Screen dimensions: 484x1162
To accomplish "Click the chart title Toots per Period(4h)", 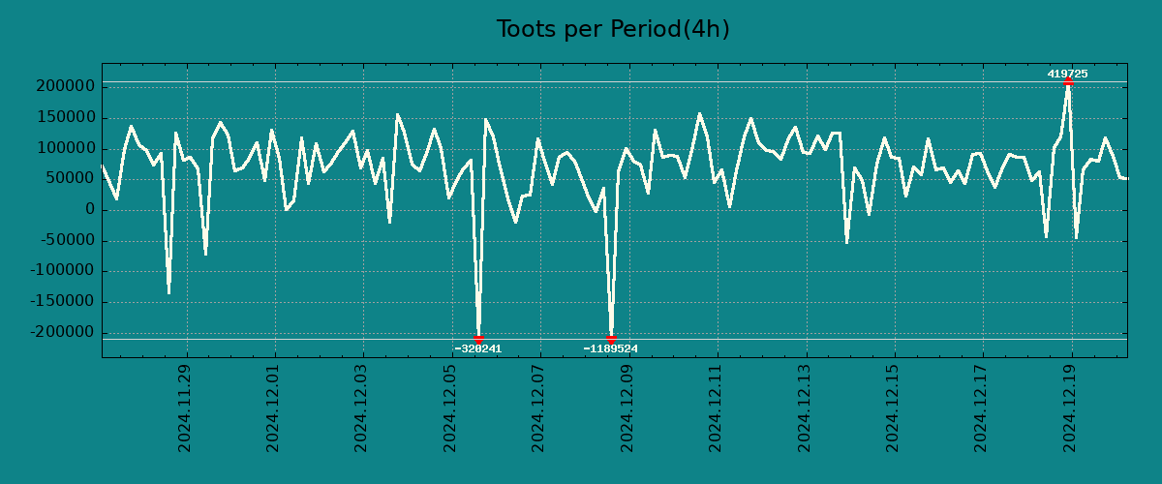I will point(612,29).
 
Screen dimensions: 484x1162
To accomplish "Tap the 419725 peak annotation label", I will point(1067,74).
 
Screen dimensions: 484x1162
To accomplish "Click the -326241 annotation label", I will point(478,348).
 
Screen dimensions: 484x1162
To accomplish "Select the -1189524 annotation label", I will point(611,348).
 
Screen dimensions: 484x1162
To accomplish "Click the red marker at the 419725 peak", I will point(1068,82).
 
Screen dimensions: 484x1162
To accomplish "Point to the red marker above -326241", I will point(478,339).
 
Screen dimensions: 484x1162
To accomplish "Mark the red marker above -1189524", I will point(611,339).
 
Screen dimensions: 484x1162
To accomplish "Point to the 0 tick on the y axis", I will point(90,210).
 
